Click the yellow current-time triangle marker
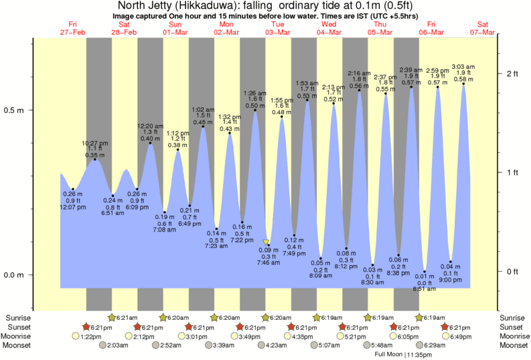click(x=267, y=242)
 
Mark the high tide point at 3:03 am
click(x=463, y=84)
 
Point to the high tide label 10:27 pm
click(x=94, y=143)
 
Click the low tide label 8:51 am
click(x=425, y=289)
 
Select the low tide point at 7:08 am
click(x=165, y=212)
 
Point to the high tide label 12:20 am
click(x=151, y=126)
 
